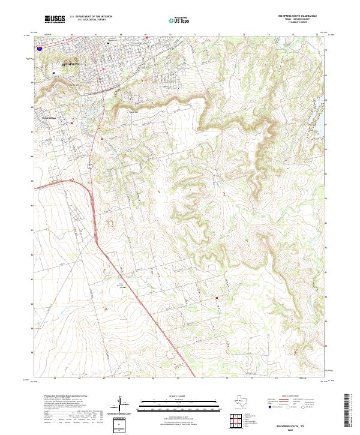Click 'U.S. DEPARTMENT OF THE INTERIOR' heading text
coord(91,17)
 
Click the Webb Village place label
coord(40,118)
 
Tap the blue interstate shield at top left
coord(39,45)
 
